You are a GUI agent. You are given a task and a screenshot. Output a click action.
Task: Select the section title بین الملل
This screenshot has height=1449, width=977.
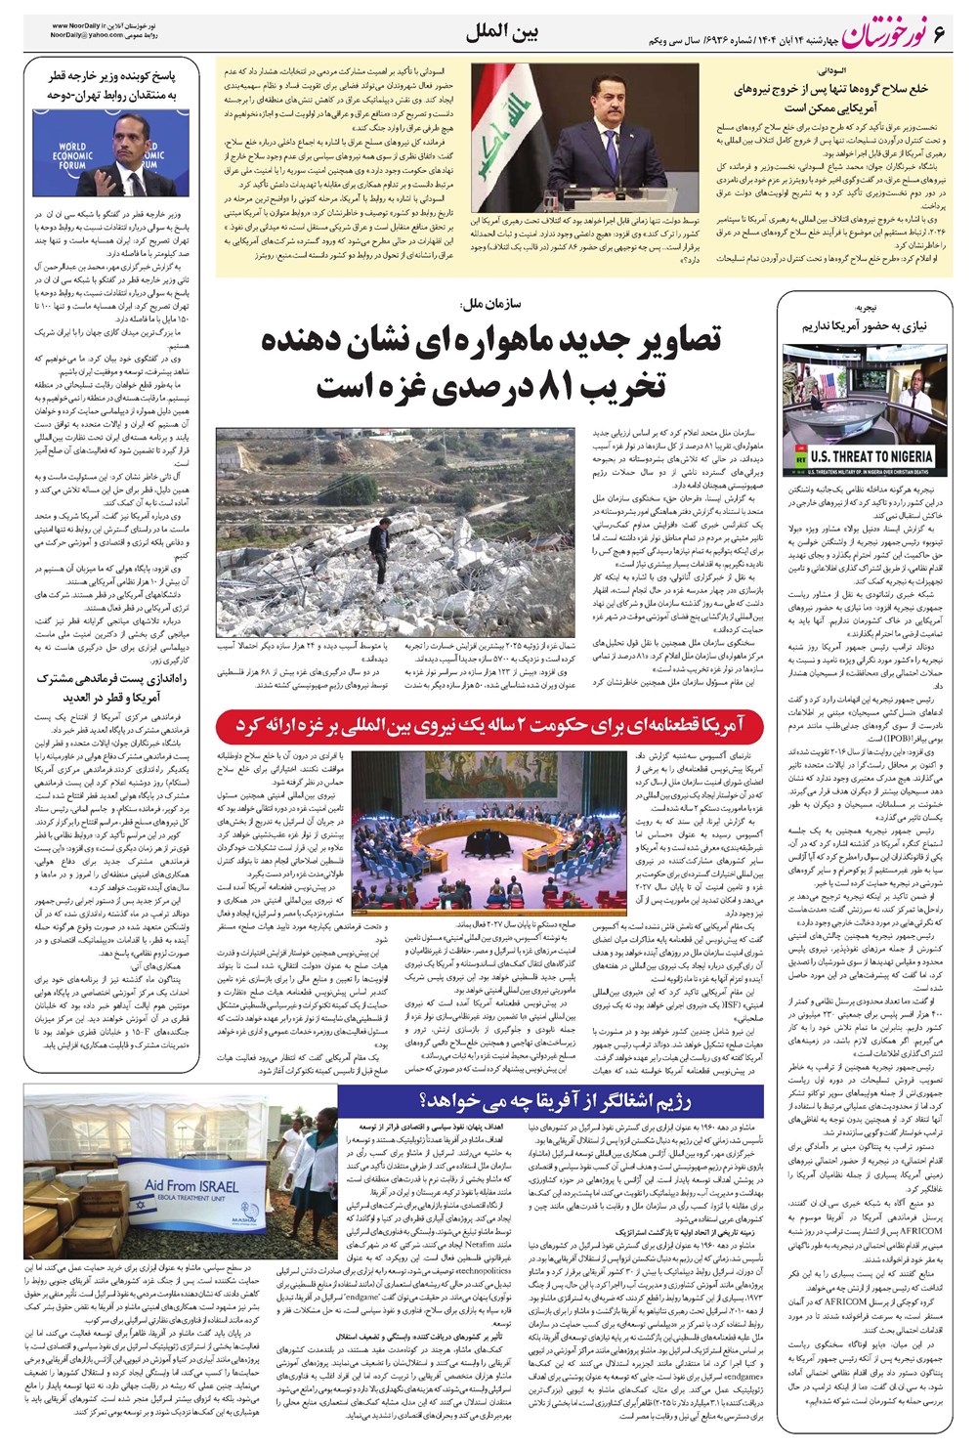[502, 32]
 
